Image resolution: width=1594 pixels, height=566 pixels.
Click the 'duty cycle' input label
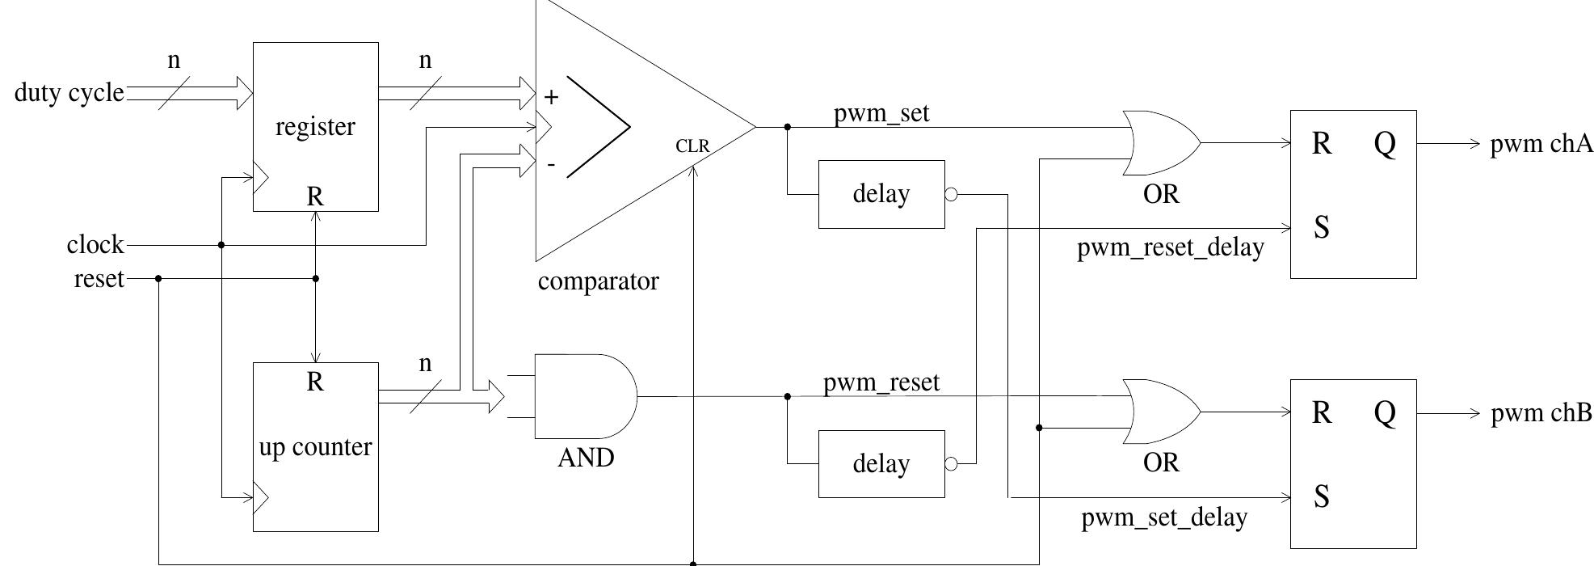click(x=69, y=93)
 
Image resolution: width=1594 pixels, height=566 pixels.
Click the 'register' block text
click(x=315, y=127)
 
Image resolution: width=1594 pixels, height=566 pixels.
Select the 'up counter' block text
click(x=315, y=447)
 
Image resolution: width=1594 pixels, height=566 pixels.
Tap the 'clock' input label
click(x=95, y=244)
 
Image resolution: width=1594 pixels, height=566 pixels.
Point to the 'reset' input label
click(x=99, y=279)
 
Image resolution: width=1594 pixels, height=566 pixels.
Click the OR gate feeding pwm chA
click(x=1160, y=143)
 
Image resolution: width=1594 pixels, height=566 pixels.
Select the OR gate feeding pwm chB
click(x=1160, y=412)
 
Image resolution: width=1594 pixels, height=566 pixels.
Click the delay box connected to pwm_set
click(x=881, y=194)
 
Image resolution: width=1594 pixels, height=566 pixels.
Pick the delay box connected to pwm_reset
click(x=881, y=464)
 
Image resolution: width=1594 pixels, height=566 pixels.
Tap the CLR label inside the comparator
click(x=692, y=146)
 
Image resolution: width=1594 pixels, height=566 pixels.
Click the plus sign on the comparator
click(x=551, y=98)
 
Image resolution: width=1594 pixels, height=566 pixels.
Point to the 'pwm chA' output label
click(x=1541, y=145)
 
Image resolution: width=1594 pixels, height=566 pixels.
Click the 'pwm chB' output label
click(x=1541, y=413)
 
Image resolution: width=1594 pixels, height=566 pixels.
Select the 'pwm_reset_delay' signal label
click(x=1170, y=247)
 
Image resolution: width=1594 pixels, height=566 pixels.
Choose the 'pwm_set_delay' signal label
click(x=1164, y=517)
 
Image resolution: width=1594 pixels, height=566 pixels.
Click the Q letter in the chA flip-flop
click(x=1384, y=144)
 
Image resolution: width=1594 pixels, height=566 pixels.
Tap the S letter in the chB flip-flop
click(x=1321, y=496)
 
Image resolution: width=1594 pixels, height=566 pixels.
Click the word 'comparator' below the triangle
click(x=598, y=281)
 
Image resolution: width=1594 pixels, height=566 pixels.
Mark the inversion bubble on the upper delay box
click(x=951, y=194)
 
